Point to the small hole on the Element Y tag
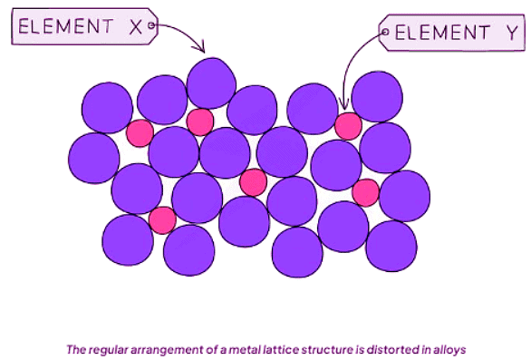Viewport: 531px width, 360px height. pyautogui.click(x=385, y=35)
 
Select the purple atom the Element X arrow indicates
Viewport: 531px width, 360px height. pyautogui.click(x=211, y=82)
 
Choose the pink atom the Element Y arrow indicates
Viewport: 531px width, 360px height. pyautogui.click(x=348, y=125)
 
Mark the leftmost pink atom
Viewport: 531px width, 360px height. pyautogui.click(x=140, y=133)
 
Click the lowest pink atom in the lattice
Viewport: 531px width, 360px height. pyautogui.click(x=162, y=220)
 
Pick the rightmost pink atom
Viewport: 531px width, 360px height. pyautogui.click(x=365, y=192)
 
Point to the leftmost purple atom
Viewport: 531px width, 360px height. pyautogui.click(x=93, y=157)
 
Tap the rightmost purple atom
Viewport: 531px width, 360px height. pyautogui.click(x=404, y=194)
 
